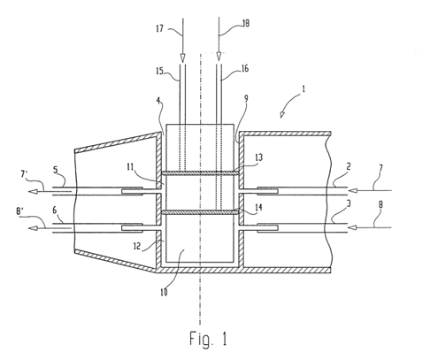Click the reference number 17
tap(159, 29)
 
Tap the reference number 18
tap(245, 23)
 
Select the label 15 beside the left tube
tap(159, 71)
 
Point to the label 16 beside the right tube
tap(245, 69)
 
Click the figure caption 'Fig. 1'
tap(208, 339)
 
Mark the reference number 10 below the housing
tap(164, 292)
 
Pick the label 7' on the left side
tap(24, 174)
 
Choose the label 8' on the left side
tap(20, 211)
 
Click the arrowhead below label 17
tap(183, 57)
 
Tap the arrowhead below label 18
tap(219, 57)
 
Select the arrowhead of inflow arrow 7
tap(353, 190)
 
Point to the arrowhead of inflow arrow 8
tap(353, 227)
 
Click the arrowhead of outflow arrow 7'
tap(34, 192)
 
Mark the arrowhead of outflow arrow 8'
tap(34, 228)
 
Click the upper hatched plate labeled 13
tap(200, 173)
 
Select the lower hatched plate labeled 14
tap(200, 211)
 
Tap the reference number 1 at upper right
tap(303, 89)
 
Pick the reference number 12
tap(137, 246)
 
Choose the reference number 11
tap(130, 167)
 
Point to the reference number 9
tap(246, 99)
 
